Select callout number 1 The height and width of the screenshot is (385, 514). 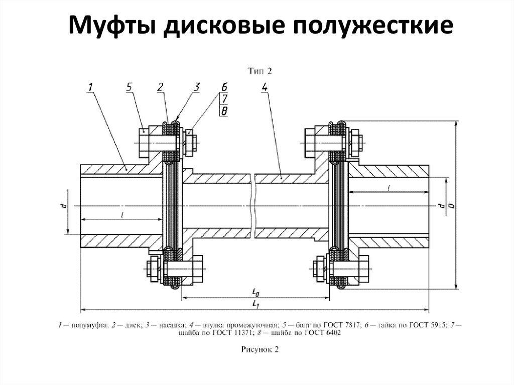tap(90, 87)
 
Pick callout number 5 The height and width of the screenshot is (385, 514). tap(130, 87)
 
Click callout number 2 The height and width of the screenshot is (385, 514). tap(160, 87)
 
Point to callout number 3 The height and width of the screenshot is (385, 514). tap(197, 87)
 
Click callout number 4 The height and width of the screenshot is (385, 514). tap(265, 87)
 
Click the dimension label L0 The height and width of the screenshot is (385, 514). tap(256, 292)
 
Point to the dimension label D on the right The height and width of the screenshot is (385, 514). tap(451, 205)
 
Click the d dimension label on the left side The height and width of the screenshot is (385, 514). tap(62, 205)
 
